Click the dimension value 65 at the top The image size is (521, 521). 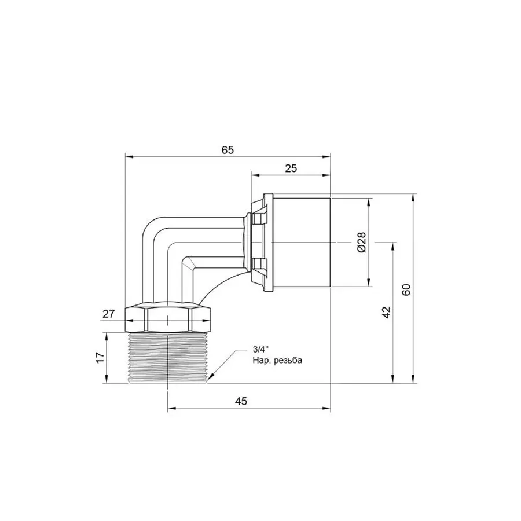(x=227, y=149)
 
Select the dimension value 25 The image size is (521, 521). (x=291, y=168)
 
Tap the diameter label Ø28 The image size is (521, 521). (x=361, y=241)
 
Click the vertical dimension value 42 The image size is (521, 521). (x=387, y=312)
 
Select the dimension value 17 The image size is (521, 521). (x=100, y=358)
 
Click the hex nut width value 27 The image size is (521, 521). (x=108, y=314)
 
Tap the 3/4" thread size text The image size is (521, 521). (x=260, y=349)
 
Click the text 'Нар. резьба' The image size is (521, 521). (x=277, y=359)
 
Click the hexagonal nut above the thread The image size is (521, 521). (x=168, y=317)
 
